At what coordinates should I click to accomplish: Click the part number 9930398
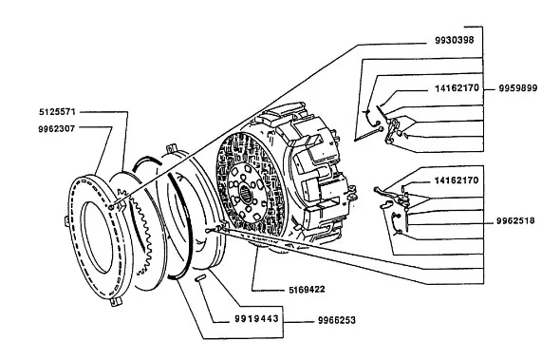(455, 40)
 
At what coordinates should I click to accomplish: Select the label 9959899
(518, 88)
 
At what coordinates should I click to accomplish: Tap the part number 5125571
(57, 112)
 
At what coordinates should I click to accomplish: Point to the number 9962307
(57, 128)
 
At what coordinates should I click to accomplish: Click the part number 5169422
(308, 289)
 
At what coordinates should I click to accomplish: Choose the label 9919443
(256, 318)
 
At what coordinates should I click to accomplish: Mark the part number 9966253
(337, 320)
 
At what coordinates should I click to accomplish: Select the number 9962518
(515, 221)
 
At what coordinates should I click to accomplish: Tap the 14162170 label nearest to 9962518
(457, 180)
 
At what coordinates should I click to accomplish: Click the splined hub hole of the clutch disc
(246, 195)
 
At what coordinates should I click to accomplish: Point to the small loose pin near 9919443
(200, 277)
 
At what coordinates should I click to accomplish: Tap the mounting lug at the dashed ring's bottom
(116, 302)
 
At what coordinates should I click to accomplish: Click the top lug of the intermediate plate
(172, 147)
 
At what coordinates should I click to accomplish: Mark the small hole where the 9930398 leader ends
(111, 207)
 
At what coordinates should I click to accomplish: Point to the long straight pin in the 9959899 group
(368, 135)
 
